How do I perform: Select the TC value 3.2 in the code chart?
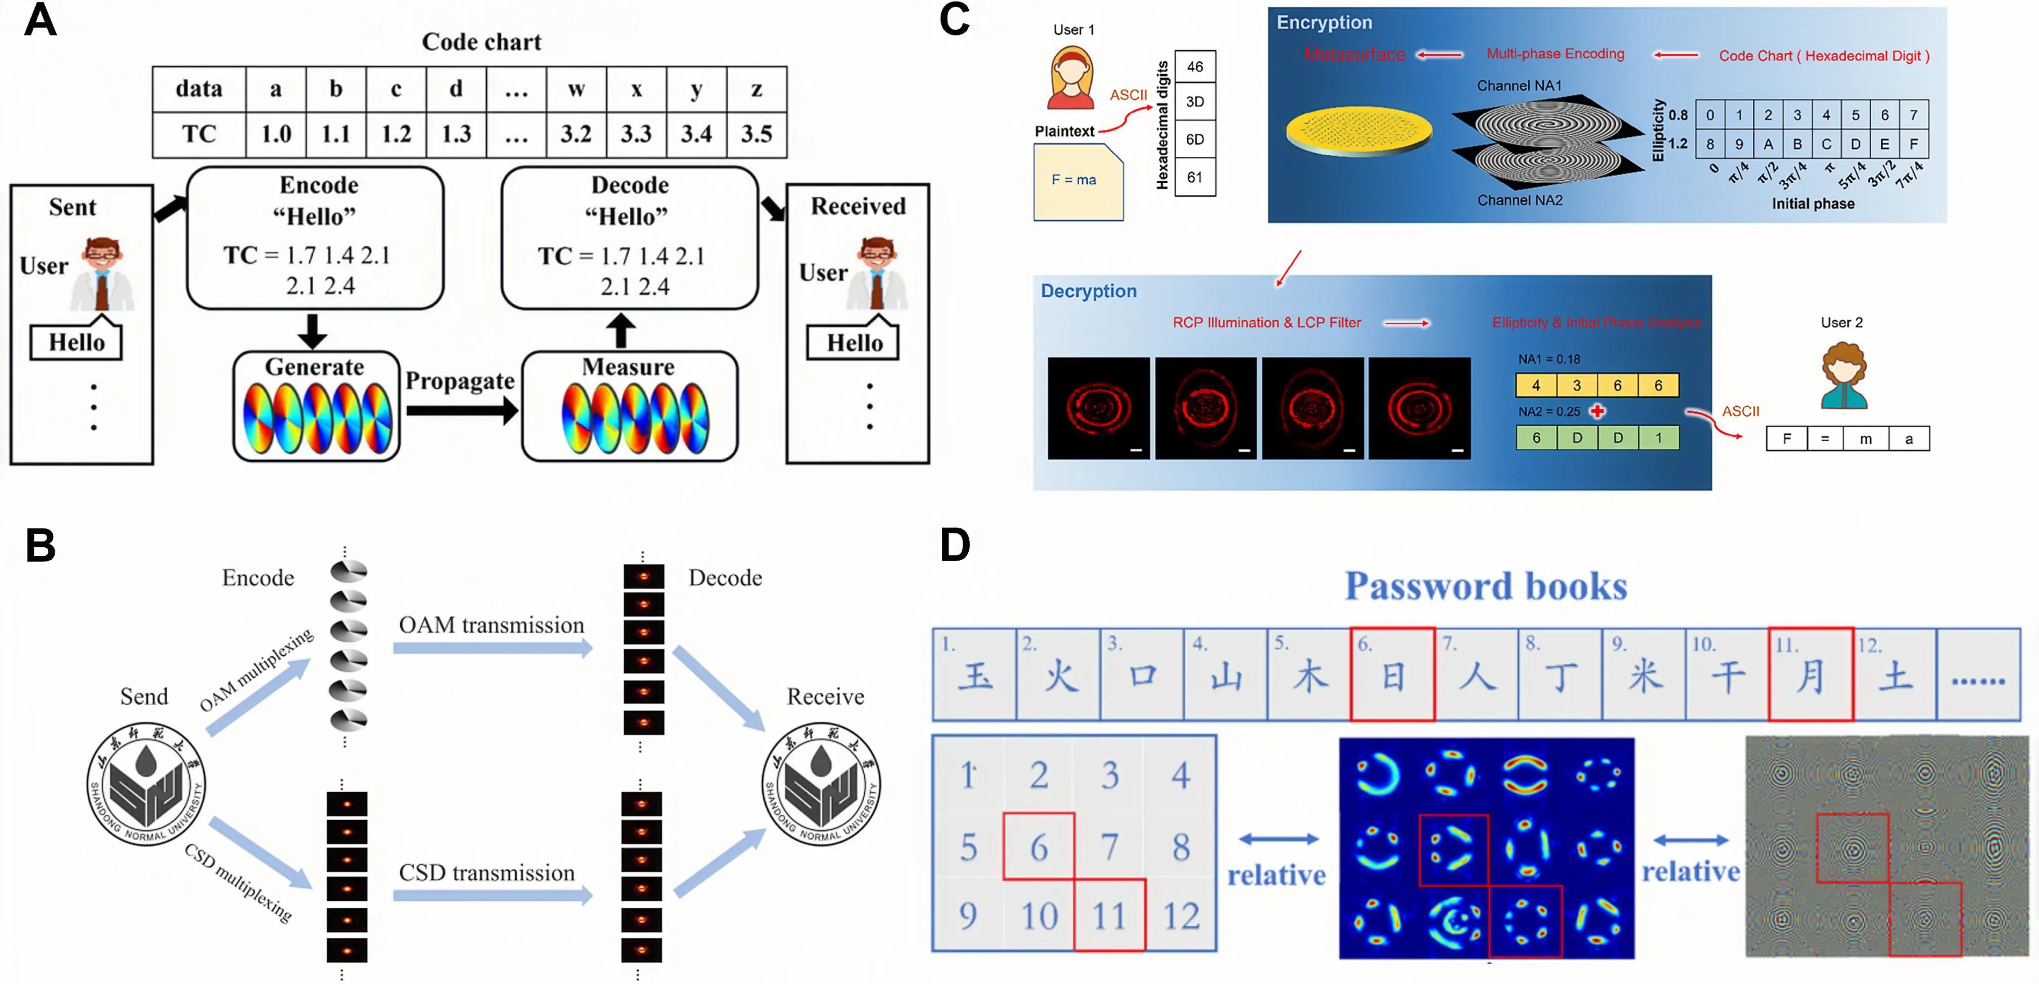click(x=576, y=134)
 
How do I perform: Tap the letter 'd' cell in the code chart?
click(x=456, y=89)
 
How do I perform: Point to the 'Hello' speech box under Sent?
click(x=77, y=342)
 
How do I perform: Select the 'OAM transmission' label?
click(x=491, y=625)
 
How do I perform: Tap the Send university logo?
click(x=146, y=784)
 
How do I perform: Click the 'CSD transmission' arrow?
click(x=492, y=895)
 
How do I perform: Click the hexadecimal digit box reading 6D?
click(x=1194, y=139)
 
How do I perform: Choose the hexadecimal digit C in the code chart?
click(x=1826, y=144)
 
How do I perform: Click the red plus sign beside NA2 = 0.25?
click(x=1598, y=411)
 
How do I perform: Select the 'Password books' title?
click(x=1486, y=587)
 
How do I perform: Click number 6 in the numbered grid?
click(x=1038, y=847)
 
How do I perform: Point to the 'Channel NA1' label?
click(x=1519, y=86)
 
